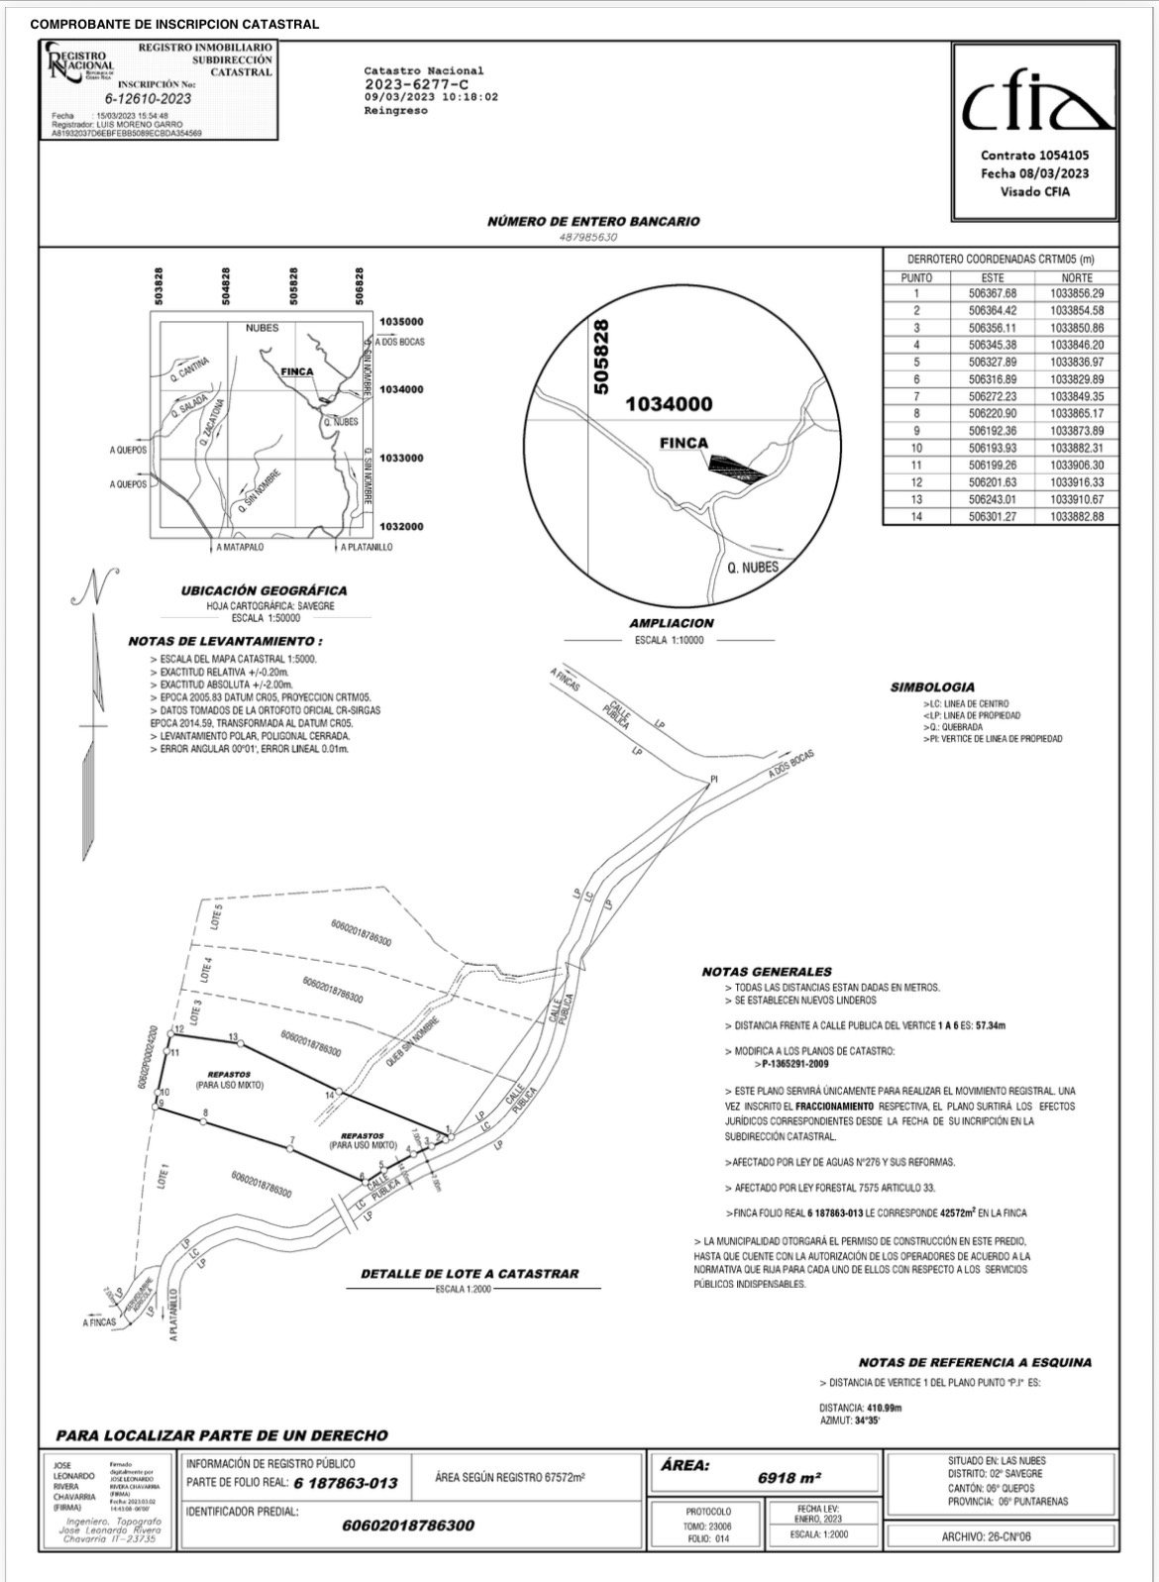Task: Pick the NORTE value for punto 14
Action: click(x=1077, y=517)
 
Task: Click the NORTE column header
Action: click(x=1077, y=277)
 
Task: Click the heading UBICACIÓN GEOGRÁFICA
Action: click(x=263, y=590)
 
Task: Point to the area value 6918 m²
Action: click(x=790, y=1477)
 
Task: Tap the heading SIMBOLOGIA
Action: click(x=931, y=686)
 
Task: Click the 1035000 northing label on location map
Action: click(x=401, y=322)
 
